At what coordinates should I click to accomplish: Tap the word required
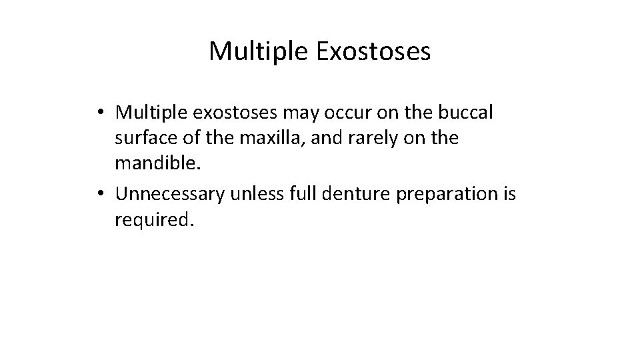tap(153, 221)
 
